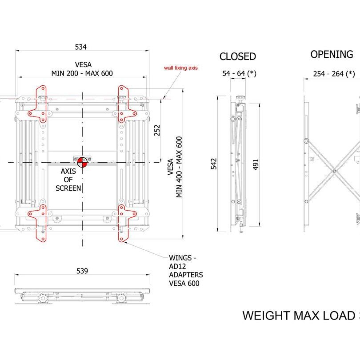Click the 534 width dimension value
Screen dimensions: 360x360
pos(81,46)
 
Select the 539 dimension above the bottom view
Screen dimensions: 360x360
pos(82,271)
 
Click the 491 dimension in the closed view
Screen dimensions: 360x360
pos(256,164)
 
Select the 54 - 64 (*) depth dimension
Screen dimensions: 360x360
pos(240,73)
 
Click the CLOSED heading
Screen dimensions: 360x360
pos(238,56)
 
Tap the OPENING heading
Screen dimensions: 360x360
pos(332,54)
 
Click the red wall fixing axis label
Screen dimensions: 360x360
pos(180,68)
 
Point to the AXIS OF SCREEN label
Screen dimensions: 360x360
pos(69,180)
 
